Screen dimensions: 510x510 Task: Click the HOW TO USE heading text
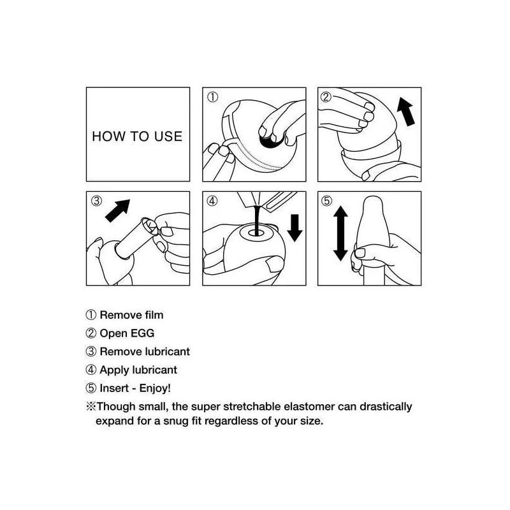(x=137, y=136)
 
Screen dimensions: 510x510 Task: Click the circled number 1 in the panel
(x=213, y=97)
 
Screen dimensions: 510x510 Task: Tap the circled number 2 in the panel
(x=326, y=97)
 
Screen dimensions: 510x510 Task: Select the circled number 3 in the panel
(x=96, y=201)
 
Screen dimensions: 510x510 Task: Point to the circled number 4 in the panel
(x=212, y=201)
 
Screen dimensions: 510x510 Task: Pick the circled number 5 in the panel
(x=327, y=201)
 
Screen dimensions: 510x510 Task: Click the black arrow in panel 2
(x=406, y=112)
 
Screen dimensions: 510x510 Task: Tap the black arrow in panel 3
(x=117, y=211)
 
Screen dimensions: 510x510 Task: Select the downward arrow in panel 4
(x=295, y=228)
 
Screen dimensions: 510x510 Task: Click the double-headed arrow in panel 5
(x=340, y=233)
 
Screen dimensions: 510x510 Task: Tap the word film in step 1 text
(x=154, y=315)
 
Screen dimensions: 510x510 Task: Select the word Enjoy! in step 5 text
(x=155, y=388)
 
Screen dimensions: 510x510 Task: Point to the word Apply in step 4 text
(x=110, y=370)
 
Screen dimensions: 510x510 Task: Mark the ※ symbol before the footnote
(x=91, y=407)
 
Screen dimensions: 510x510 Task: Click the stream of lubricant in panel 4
(x=258, y=219)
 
